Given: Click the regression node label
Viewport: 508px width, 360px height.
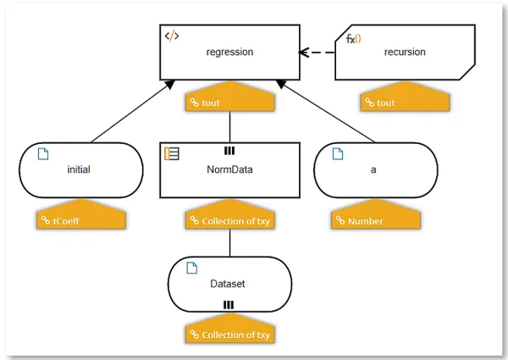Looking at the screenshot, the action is pos(229,53).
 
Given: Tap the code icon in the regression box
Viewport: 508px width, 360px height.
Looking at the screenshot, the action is pos(172,36).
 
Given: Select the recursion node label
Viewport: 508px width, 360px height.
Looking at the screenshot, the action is pos(405,52).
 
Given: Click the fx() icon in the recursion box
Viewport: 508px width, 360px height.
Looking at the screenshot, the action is pos(353,39).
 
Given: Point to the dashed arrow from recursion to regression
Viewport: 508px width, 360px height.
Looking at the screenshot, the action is pos(317,53).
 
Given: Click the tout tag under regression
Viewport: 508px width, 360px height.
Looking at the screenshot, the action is pos(229,97).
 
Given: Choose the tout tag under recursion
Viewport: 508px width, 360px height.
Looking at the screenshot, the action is pos(405,97).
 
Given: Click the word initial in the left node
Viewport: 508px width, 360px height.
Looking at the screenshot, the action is pos(79,169).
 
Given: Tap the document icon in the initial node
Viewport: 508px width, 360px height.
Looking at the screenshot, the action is pos(43,154).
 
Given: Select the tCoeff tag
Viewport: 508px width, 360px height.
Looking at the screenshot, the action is pos(81,214).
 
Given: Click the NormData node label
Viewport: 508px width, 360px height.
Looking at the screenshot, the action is pos(229,169).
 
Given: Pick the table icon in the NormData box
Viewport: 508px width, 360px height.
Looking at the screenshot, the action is pos(172,153).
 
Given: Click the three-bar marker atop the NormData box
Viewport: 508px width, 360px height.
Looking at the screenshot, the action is pos(229,151).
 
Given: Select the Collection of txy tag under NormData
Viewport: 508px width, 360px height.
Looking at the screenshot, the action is pos(229,214).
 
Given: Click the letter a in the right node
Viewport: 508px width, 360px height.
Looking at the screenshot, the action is pos(373,170).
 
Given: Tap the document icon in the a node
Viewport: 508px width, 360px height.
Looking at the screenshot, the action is pos(338,154).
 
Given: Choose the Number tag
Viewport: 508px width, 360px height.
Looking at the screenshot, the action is pos(376,214).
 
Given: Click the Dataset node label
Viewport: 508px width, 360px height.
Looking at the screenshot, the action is pos(228,284).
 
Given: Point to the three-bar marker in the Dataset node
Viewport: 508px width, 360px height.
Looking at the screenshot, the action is pos(229,305).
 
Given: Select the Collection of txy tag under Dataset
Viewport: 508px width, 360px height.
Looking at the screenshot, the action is pos(229,329).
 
